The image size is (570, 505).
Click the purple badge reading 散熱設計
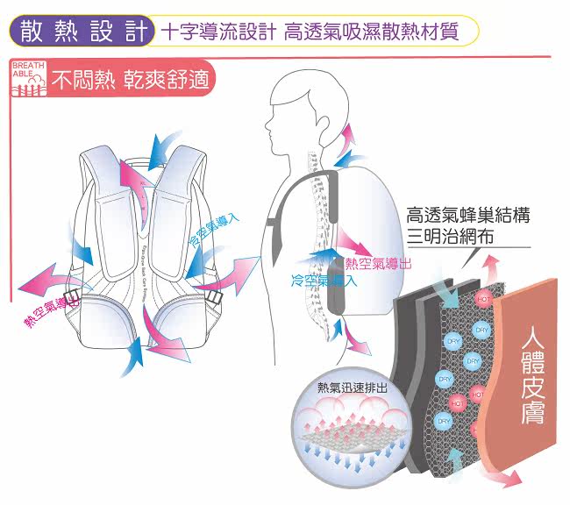[x=82, y=32]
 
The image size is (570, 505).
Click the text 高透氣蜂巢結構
[x=469, y=217]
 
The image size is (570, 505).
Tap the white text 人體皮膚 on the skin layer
[x=532, y=375]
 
